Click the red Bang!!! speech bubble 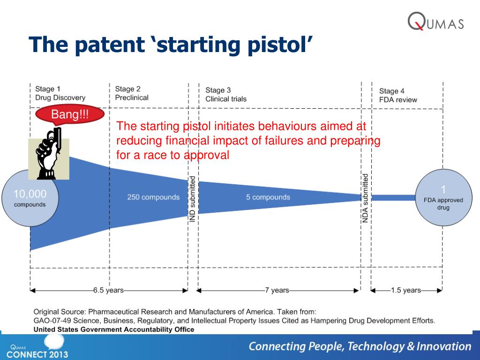tap(70, 115)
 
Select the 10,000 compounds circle tap(30, 198)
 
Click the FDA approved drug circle tap(443, 197)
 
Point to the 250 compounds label tap(153, 197)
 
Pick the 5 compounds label tap(268, 197)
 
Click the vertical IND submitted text tap(192, 199)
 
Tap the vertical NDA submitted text tap(365, 198)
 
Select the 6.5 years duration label tap(108, 290)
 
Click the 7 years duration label tap(277, 290)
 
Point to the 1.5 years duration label tap(406, 290)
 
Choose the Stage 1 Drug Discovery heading tap(60, 93)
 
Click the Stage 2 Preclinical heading tap(132, 93)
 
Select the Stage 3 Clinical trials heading tap(226, 95)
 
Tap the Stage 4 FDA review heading tap(398, 96)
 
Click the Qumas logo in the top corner tap(435, 22)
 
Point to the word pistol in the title tap(280, 45)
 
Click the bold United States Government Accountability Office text tap(114, 330)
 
